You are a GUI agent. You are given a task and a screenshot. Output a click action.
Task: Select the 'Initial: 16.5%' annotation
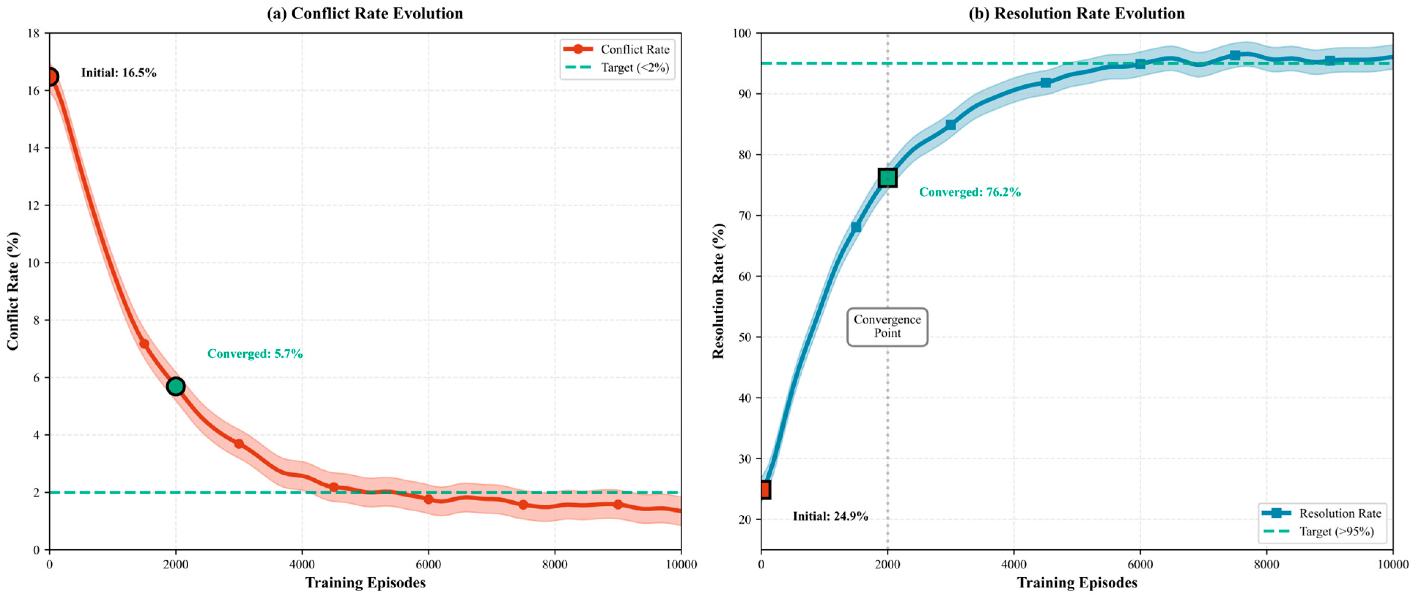119,73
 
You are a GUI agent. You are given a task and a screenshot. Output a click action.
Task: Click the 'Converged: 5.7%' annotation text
255,354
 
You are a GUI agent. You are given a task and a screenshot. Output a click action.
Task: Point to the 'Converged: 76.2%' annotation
970,192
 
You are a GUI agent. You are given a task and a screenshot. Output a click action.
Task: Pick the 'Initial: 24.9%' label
831,516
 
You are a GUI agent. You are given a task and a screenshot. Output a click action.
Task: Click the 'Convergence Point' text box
887,327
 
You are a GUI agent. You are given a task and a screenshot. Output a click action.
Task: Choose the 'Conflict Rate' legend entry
617,49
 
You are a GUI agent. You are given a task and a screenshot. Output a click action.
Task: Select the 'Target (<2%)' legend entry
617,67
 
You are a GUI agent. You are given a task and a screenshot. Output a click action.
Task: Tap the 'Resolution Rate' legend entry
1322,513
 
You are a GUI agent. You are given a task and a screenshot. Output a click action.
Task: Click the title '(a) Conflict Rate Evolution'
365,13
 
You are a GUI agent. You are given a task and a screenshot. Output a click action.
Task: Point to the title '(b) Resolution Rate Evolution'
1076,13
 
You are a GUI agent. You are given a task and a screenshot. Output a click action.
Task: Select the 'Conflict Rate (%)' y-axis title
13,291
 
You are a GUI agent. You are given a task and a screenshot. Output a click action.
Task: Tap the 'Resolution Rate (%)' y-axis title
718,291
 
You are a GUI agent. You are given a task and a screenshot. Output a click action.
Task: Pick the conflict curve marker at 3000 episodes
239,444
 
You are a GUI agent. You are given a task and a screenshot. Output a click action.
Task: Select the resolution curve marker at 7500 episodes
1235,55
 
